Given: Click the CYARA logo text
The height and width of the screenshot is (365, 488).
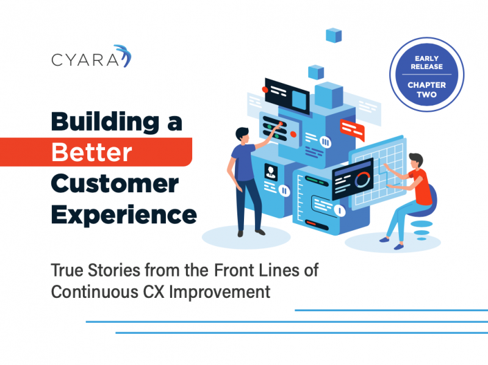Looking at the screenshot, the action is (85, 60).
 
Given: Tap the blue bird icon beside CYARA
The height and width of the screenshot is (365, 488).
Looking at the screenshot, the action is (124, 56).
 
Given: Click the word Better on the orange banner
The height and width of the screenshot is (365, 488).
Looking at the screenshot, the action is (92, 153).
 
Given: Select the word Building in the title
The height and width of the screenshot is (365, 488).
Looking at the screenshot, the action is (105, 122).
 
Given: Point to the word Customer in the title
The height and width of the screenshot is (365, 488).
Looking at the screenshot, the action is (115, 184).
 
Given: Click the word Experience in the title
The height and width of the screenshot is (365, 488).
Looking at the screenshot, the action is (124, 215).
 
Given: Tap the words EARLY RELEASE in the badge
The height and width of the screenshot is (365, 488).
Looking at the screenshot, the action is (426, 62).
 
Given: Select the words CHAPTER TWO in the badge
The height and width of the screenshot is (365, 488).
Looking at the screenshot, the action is (426, 89).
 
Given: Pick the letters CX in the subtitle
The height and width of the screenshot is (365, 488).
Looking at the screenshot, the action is (154, 292).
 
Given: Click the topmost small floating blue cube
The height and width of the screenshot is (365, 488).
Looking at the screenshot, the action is (334, 35).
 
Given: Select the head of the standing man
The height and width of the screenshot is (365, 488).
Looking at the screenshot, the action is (242, 135).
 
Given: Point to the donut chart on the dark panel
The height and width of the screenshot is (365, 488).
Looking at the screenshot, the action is (362, 179).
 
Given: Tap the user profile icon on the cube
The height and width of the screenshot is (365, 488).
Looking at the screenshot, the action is (271, 172).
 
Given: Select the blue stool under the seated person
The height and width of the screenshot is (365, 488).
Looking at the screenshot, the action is (423, 214).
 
